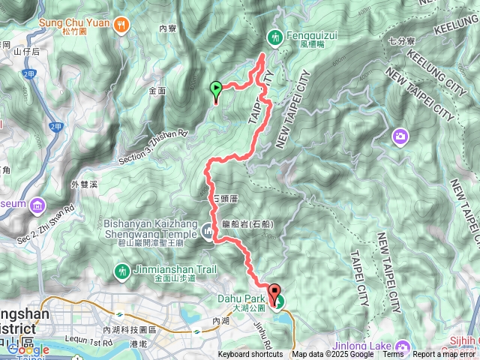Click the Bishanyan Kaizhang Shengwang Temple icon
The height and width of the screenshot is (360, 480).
(x=208, y=229)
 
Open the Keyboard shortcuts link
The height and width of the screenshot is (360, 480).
(x=250, y=355)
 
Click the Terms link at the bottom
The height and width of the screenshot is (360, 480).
(x=393, y=355)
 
